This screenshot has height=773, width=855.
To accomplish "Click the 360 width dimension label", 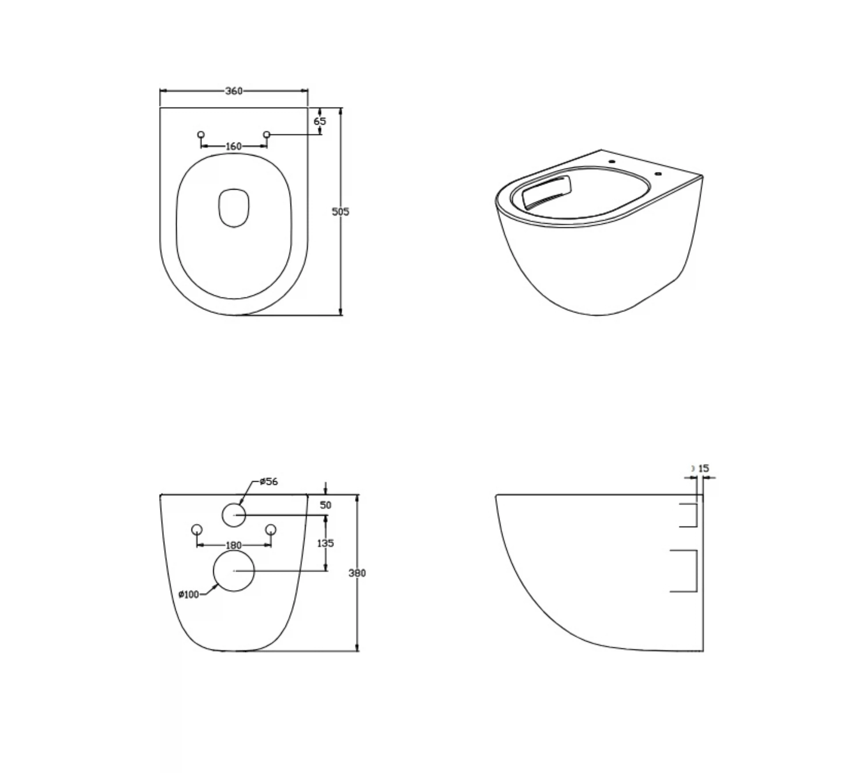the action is [234, 91].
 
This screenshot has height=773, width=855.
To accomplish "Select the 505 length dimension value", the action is [340, 212].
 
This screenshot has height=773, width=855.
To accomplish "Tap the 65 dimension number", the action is [320, 121].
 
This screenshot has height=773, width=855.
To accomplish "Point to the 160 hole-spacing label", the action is [233, 146].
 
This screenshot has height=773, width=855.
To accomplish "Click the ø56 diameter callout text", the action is [269, 481].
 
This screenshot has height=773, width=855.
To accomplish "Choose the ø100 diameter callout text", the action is [189, 594].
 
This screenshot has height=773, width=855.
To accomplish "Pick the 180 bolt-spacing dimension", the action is [233, 545].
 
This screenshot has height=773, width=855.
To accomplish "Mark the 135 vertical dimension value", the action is [325, 543].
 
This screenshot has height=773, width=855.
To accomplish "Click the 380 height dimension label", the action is [357, 573].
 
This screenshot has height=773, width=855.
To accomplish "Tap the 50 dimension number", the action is [325, 505].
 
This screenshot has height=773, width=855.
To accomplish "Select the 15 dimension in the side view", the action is [704, 468].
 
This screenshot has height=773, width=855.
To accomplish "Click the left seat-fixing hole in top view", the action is [201, 134].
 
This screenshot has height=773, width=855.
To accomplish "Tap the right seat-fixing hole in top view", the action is [266, 134].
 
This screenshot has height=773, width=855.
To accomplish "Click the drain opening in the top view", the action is [234, 208].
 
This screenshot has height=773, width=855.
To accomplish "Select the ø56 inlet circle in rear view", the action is [234, 515].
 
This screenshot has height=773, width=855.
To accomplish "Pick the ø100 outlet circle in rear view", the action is [234, 571].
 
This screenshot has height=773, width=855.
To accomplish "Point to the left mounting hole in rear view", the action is [197, 529].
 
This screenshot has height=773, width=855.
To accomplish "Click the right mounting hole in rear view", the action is [271, 529].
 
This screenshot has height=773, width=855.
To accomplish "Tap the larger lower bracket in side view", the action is [696, 571].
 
